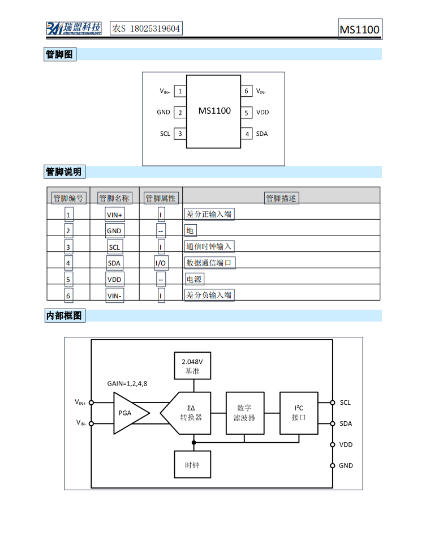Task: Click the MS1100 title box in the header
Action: (360, 29)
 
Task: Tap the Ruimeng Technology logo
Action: (74, 28)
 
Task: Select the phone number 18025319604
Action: (155, 28)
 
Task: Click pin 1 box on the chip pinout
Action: (180, 91)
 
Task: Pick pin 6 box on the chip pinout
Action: (246, 91)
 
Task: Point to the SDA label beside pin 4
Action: (262, 134)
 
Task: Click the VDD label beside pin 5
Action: (263, 112)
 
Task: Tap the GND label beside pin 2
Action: (164, 112)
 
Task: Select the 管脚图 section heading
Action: (60, 54)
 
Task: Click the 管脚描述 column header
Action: (281, 198)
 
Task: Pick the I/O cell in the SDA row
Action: (161, 263)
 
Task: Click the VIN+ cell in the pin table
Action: (114, 215)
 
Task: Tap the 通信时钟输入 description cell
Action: (209, 247)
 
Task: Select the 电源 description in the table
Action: (194, 279)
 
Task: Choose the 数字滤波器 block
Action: (244, 413)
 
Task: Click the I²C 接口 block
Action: (299, 413)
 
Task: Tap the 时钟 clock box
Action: (193, 465)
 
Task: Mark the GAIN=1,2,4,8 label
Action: (127, 383)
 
